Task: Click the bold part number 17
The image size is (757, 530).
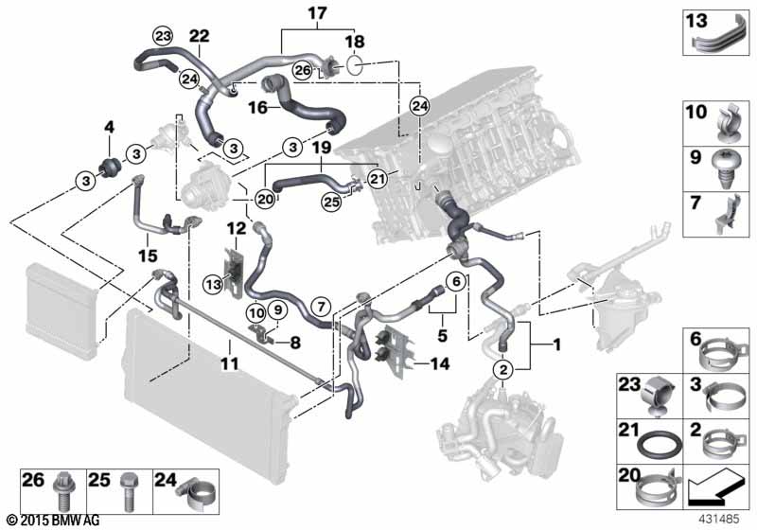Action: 317,13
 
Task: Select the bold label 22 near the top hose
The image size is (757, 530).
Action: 200,36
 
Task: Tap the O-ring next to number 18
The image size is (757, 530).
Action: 355,66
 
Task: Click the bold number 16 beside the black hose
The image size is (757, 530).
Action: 258,107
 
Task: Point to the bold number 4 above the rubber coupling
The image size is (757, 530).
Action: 110,128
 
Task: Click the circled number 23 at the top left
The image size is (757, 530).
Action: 162,36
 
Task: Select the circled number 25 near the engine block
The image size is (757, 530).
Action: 332,202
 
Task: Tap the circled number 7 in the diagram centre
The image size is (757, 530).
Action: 322,305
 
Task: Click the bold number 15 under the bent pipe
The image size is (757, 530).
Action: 149,256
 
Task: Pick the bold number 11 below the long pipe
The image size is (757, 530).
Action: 230,363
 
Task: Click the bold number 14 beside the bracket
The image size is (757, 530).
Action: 440,363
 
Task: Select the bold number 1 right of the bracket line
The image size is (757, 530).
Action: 556,344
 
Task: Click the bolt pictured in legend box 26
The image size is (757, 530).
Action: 64,490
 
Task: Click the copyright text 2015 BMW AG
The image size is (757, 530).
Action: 54,521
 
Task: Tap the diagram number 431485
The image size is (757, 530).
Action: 718,520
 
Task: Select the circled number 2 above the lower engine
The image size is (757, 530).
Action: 503,370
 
